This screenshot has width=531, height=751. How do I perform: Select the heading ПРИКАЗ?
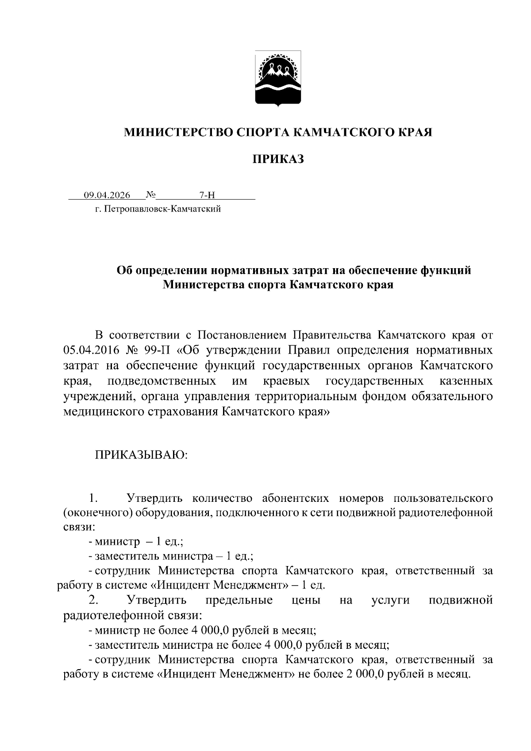(278, 159)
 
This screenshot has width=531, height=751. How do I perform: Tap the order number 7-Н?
(207, 195)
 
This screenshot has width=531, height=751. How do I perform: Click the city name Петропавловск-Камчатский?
(162, 209)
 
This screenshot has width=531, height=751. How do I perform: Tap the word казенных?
(466, 381)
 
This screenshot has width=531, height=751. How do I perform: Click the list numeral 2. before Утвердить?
(93, 600)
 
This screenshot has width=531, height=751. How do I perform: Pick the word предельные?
(239, 600)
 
